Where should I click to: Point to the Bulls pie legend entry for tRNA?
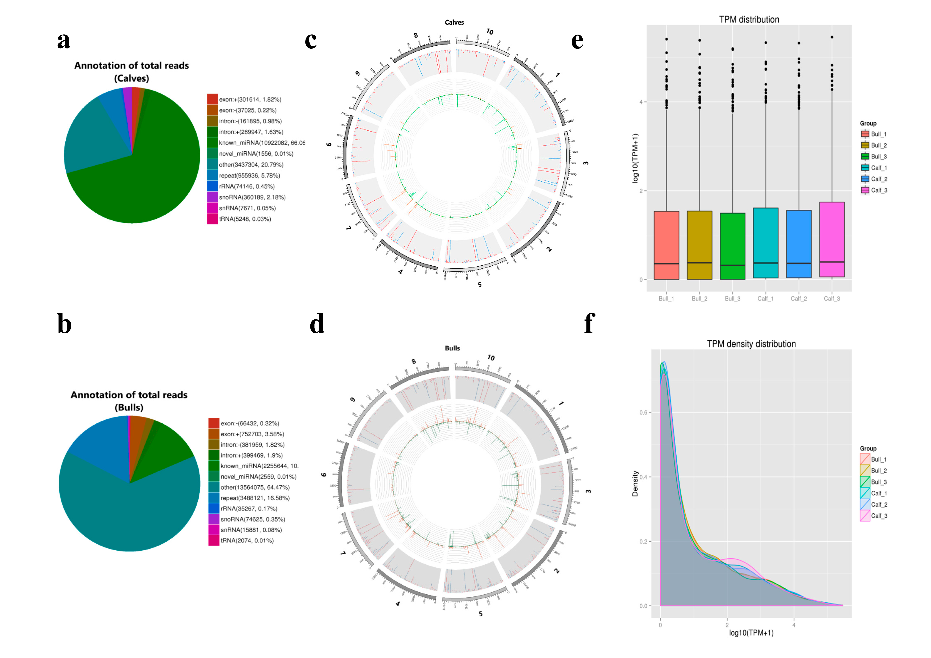click(x=246, y=540)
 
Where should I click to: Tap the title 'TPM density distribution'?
click(x=751, y=344)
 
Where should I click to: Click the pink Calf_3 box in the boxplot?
click(x=832, y=239)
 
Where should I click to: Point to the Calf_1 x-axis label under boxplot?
click(x=765, y=298)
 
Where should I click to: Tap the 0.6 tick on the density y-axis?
click(x=643, y=412)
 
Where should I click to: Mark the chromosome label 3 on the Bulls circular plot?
click(x=588, y=491)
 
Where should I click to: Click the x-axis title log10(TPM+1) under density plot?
click(x=751, y=633)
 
